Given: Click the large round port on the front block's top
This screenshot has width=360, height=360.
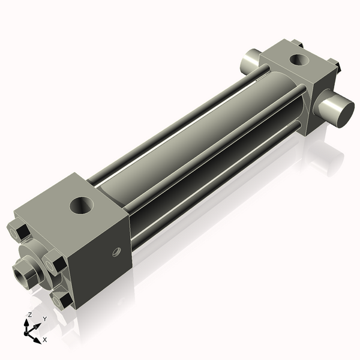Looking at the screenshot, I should coord(82,206).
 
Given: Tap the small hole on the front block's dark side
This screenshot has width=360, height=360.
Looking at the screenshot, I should coord(117,253).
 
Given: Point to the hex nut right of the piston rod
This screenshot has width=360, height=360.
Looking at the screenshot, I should coord(54,264).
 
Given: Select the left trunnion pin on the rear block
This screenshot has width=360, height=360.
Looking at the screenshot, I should coord(249,61).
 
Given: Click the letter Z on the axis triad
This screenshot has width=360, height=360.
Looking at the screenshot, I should coord(29,314).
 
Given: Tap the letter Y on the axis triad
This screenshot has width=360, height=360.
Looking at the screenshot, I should coord(44,319).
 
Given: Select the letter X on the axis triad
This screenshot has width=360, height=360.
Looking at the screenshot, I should coord(45,340).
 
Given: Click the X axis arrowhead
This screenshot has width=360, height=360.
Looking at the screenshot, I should coord(38,337).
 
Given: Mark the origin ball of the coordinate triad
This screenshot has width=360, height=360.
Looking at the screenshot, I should coord(28,331).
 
